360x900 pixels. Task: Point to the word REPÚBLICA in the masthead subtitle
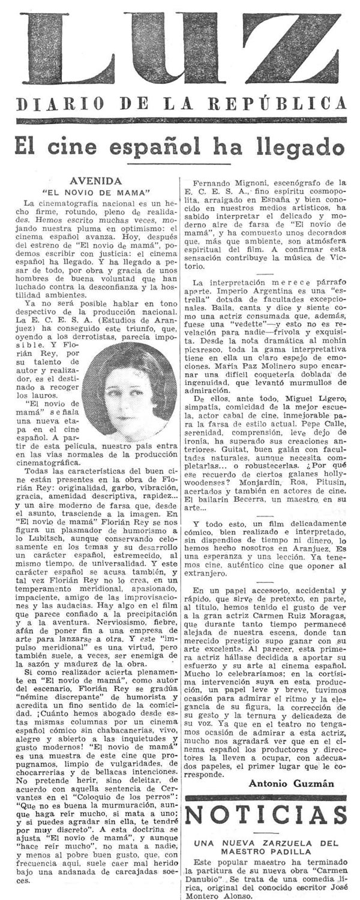[292, 104]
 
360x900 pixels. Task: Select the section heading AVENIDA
[96, 179]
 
